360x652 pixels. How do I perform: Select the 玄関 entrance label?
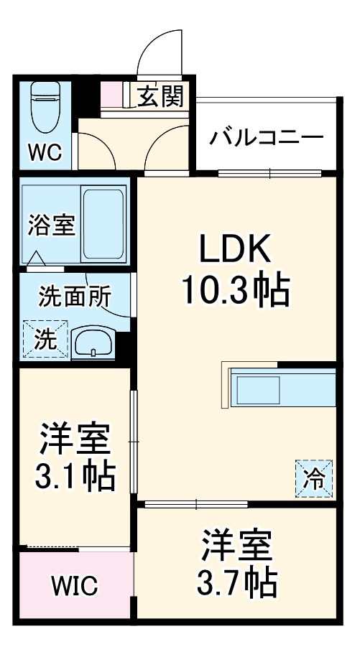[x=160, y=95]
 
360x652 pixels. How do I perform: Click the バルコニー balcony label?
[x=266, y=136]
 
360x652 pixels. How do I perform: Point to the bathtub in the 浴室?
[x=103, y=223]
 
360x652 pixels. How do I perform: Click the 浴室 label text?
[x=51, y=225]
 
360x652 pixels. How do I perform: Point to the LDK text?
[x=234, y=251]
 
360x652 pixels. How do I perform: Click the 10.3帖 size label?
[x=234, y=291]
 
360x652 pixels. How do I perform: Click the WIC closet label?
[x=74, y=586]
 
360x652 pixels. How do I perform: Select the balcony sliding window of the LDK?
[x=269, y=172]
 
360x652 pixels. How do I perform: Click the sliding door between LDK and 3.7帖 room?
[x=194, y=504]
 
